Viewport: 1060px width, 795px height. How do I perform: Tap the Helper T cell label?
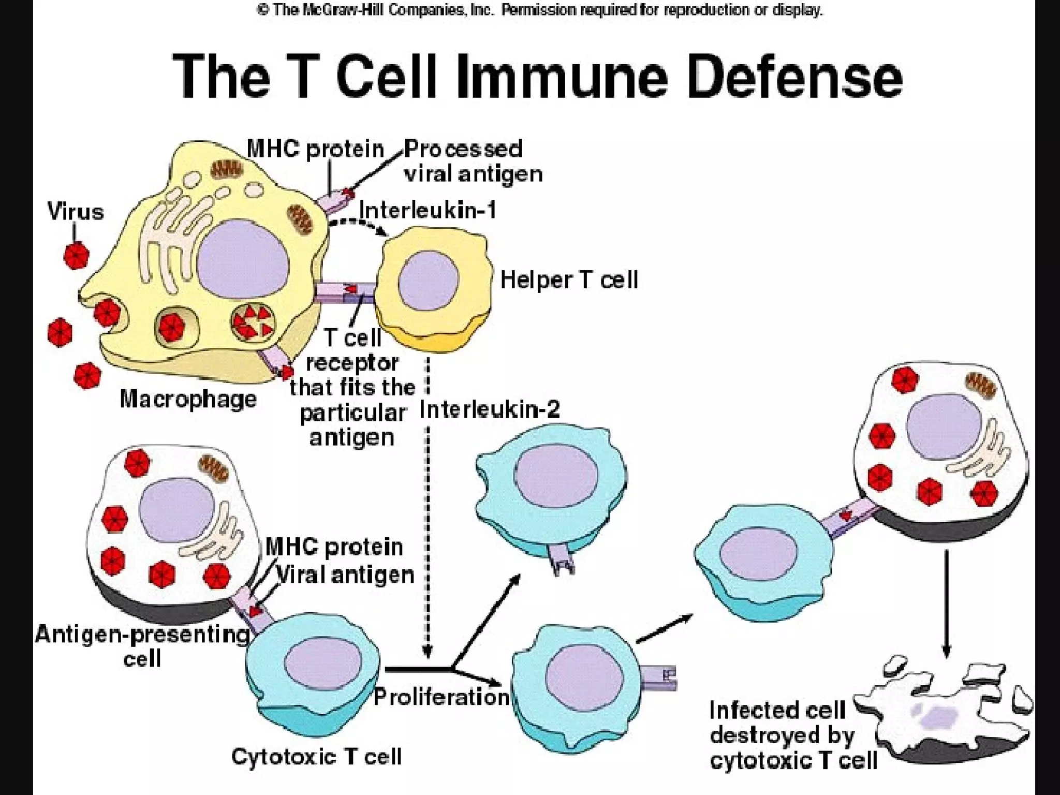coord(569,280)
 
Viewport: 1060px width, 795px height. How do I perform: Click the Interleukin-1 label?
coord(428,211)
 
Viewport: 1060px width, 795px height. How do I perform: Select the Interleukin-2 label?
coord(490,409)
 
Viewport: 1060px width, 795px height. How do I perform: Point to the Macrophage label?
coord(188,399)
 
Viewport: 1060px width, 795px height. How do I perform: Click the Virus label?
coord(76,212)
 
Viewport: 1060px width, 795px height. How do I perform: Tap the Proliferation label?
coord(441,697)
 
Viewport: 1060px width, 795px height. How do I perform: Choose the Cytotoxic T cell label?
coord(316,757)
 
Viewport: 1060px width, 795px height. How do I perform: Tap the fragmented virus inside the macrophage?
coord(252,322)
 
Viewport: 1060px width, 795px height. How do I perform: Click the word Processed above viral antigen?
coord(463,149)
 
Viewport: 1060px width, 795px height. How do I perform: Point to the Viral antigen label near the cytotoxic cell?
coord(345,575)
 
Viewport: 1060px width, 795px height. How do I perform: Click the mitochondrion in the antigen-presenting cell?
coord(214,467)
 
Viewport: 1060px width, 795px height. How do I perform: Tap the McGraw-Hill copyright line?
coord(539,10)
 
